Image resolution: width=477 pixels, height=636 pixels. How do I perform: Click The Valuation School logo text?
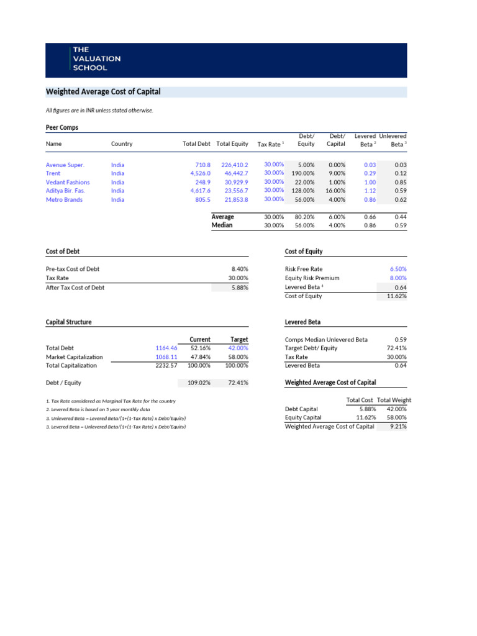click(97, 59)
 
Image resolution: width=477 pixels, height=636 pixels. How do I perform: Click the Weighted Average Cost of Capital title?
click(103, 92)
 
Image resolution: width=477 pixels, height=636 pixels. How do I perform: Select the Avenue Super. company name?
click(65, 165)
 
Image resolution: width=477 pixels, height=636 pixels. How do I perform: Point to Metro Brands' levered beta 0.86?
click(370, 200)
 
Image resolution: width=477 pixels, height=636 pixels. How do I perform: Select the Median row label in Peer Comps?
click(222, 225)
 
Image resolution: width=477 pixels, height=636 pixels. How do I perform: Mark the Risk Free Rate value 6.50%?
click(397, 269)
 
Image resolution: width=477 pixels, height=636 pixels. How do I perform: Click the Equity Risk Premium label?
click(312, 278)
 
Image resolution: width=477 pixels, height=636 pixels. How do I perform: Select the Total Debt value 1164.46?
click(166, 348)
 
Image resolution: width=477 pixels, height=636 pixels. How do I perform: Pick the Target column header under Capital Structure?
click(238, 340)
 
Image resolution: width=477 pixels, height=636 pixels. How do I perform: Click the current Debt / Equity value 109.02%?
click(200, 383)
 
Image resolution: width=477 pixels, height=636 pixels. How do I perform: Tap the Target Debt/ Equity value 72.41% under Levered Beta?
click(396, 348)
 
